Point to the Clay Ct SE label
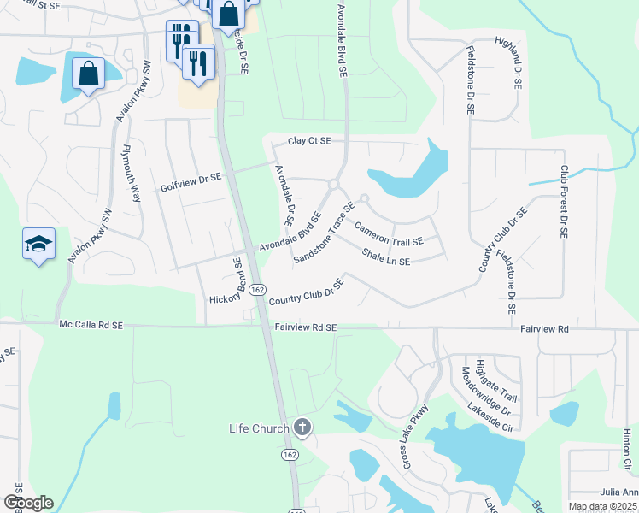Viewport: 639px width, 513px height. pos(308,141)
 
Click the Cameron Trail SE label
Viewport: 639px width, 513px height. pos(389,235)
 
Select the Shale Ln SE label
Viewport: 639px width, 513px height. pos(386,256)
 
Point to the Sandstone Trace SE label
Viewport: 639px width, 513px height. pos(324,233)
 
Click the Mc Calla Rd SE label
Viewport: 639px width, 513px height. pos(91,326)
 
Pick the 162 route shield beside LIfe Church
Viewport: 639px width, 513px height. pos(290,454)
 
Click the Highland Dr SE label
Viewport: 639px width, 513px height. pos(517,65)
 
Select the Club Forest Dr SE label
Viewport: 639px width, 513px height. pos(564,206)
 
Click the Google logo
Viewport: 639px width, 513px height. pos(28,503)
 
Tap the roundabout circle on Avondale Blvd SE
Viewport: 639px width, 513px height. pos(333,184)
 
